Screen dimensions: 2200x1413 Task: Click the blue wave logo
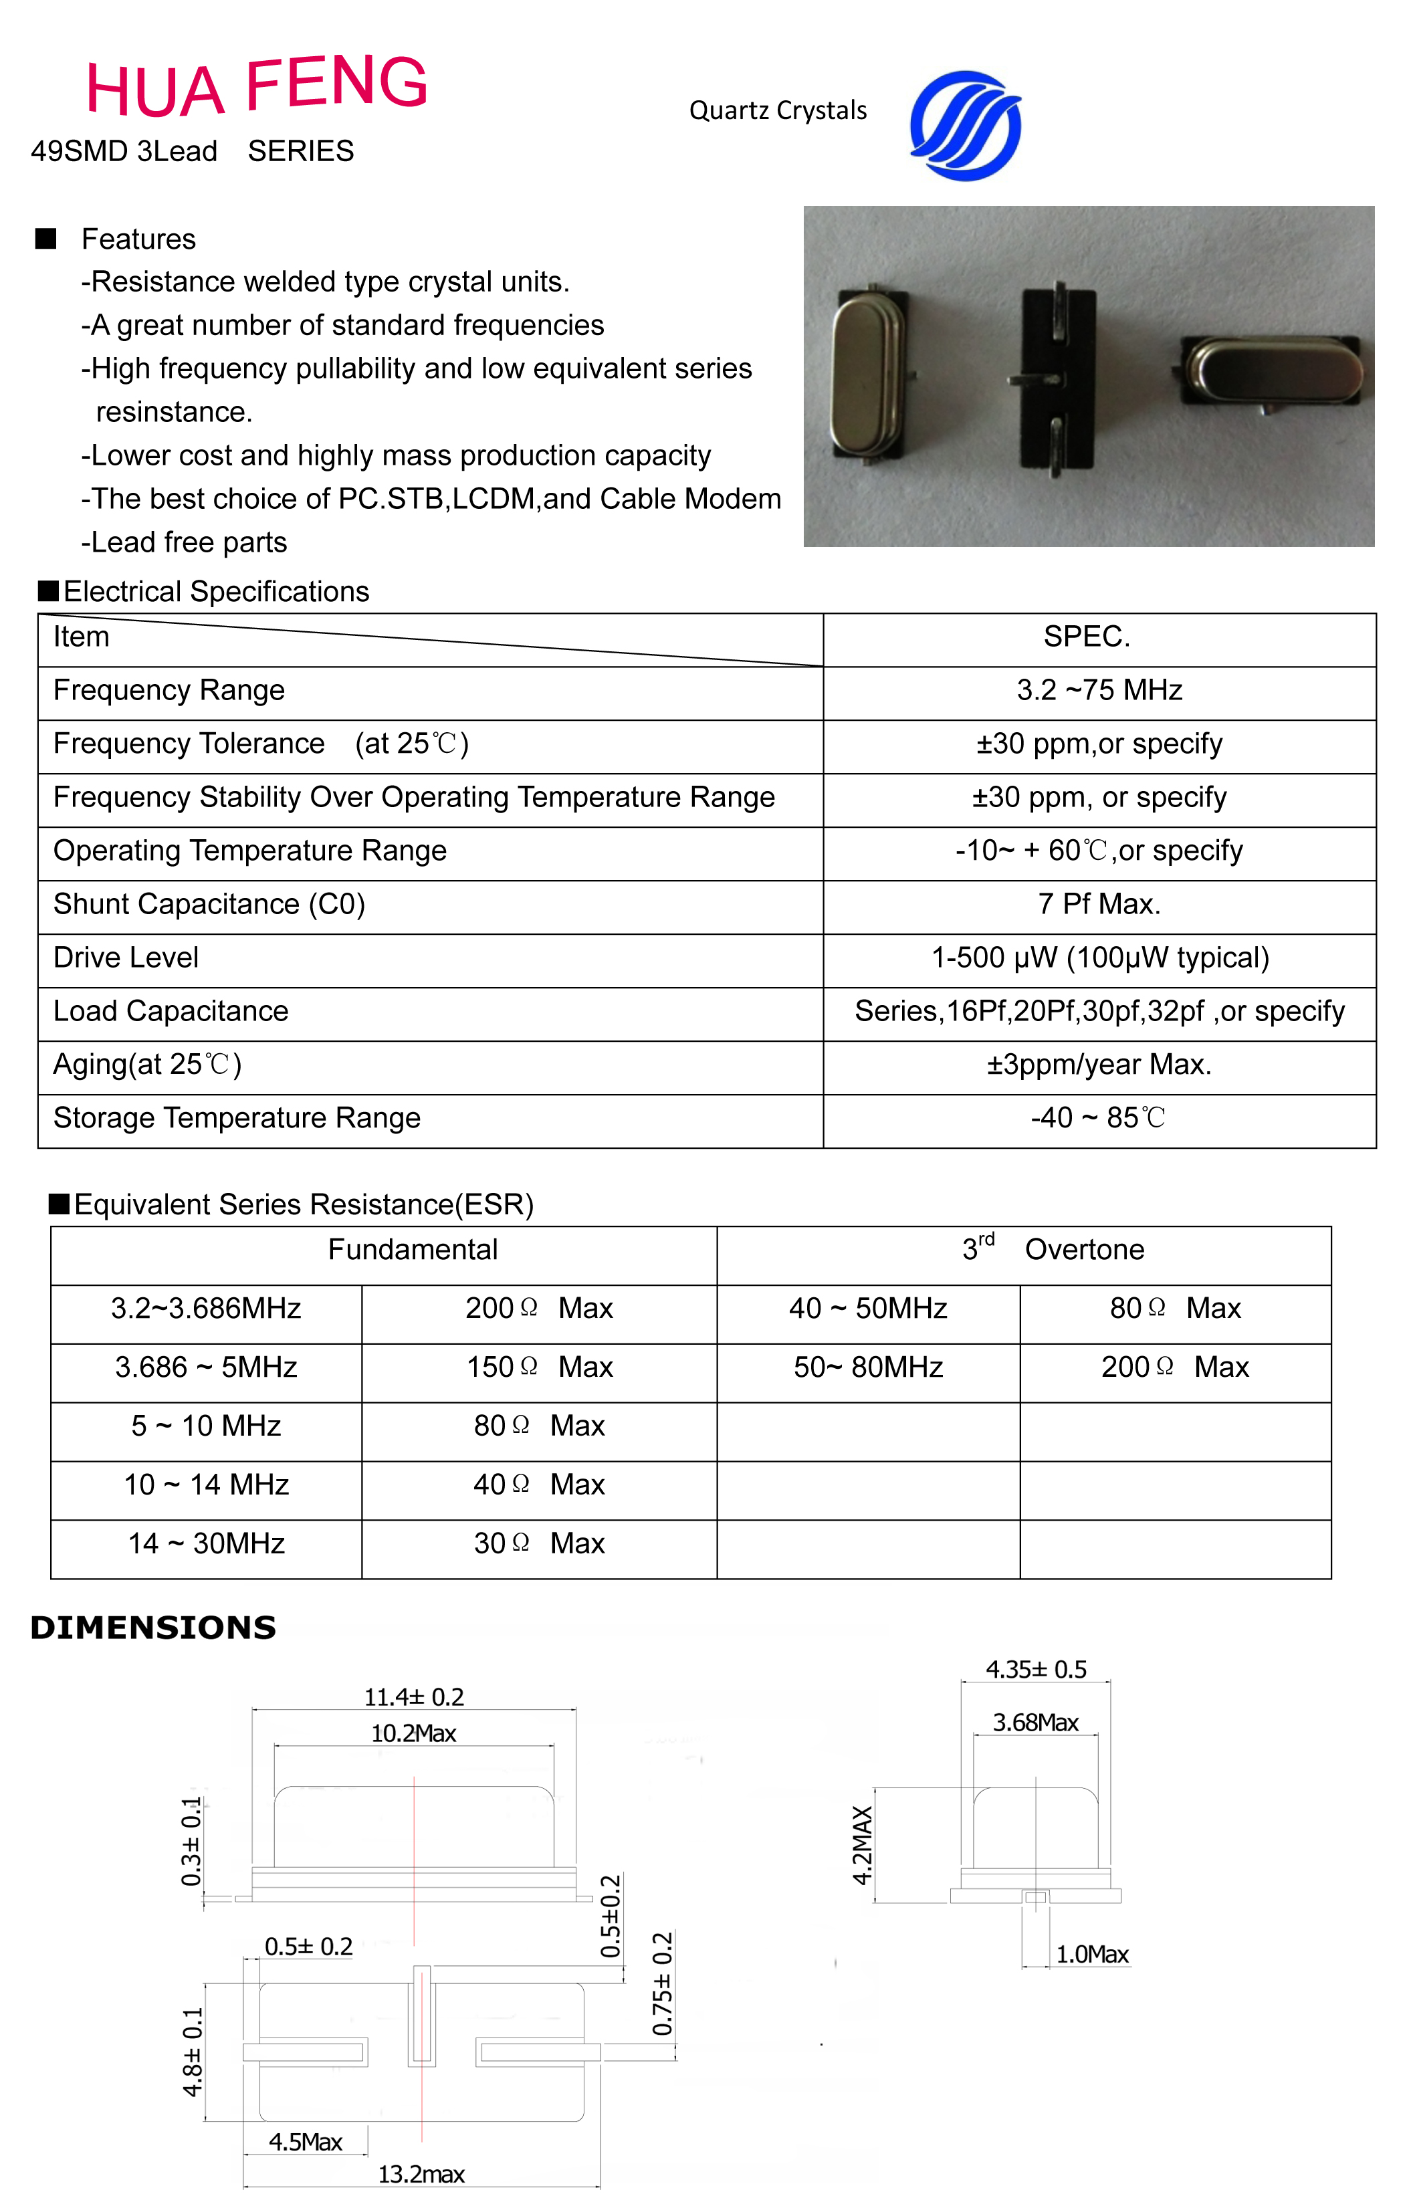965,126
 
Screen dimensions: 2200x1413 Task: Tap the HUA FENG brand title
257,86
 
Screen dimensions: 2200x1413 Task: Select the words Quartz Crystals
778,111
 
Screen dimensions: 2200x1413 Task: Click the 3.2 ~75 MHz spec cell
1099,691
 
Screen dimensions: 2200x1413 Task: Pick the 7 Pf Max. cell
1099,905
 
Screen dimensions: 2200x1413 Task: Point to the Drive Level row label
126,958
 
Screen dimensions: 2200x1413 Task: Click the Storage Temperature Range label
237,1118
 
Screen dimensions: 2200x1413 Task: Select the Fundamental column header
413,1250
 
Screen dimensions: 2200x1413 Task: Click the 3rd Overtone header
1053,1250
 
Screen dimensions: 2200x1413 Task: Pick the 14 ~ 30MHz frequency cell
207,1544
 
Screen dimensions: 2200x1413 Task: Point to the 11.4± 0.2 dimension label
414,1697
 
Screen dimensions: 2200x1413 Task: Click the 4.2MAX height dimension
863,1845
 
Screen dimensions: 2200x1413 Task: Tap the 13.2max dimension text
421,2175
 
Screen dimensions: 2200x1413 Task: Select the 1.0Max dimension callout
1092,1955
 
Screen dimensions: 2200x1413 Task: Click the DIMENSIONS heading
153,1628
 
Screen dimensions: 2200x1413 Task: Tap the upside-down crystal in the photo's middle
1058,379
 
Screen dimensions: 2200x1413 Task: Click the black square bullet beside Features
46,239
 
